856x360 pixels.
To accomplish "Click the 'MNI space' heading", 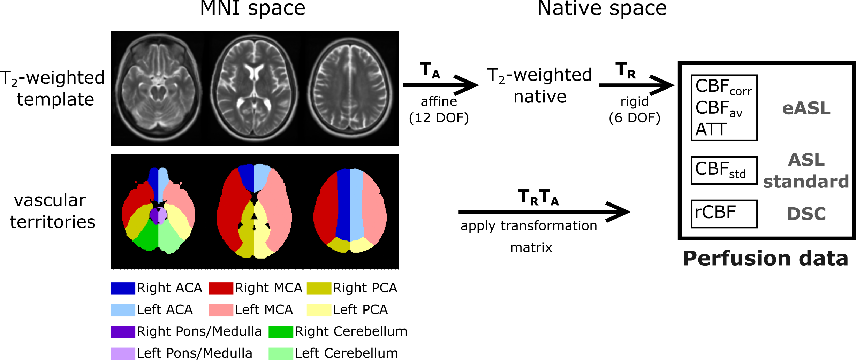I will click(x=252, y=8).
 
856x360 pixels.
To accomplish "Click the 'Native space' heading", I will click(x=602, y=8).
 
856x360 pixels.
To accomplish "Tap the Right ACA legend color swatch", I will click(x=123, y=288).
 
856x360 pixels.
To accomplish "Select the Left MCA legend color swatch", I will click(x=221, y=310).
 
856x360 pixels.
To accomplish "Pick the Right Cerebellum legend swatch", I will click(x=281, y=332).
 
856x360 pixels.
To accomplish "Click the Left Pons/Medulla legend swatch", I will click(x=123, y=353).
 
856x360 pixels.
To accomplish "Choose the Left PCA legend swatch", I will click(x=319, y=310).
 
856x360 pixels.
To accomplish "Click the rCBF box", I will click(x=724, y=213).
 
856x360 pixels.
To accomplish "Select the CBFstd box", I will click(x=724, y=170).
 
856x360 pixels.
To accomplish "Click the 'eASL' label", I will click(x=806, y=108).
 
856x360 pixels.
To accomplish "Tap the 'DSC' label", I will click(x=806, y=214).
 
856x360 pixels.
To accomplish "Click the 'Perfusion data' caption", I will click(x=765, y=258).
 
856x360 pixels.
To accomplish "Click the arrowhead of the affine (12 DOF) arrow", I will click(x=469, y=85).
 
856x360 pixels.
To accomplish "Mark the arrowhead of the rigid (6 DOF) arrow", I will click(x=664, y=85).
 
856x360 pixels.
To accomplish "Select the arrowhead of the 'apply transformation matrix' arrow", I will click(x=621, y=212).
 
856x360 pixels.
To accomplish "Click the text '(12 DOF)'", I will click(x=439, y=118).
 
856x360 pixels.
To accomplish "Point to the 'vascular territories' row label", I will click(x=52, y=211).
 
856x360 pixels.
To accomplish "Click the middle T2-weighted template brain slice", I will click(x=254, y=88).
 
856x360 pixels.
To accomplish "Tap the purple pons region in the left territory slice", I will click(x=154, y=215).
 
